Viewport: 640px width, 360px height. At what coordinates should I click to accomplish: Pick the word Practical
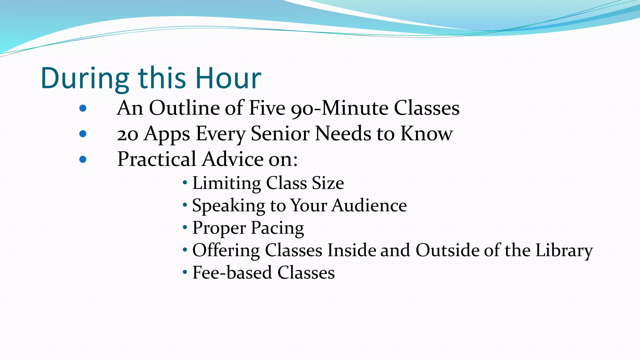tap(157, 159)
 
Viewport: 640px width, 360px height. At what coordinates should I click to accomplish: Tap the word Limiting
tap(227, 183)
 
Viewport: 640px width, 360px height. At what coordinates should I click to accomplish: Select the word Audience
tap(369, 205)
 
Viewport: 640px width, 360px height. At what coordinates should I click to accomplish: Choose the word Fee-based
tap(232, 272)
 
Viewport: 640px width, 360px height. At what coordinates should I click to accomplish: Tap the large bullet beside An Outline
tap(83, 108)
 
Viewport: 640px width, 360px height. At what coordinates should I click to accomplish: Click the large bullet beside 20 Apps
tap(83, 134)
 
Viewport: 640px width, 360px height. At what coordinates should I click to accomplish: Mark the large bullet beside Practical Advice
tap(83, 160)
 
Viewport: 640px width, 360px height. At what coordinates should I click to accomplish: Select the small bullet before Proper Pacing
tap(185, 227)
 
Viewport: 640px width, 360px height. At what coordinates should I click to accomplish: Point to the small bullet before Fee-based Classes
tap(185, 272)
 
